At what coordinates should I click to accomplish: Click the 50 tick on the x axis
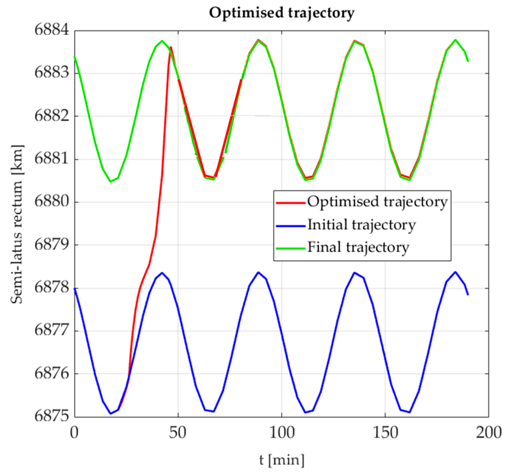tap(178, 433)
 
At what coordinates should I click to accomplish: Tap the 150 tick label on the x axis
tap(385, 433)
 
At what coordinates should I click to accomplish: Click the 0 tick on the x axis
tap(74, 433)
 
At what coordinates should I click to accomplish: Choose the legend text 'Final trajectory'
tap(358, 247)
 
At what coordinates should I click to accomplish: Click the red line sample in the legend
tap(290, 203)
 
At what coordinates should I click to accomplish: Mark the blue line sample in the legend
tap(290, 225)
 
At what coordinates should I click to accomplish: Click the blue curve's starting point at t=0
tap(74, 289)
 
